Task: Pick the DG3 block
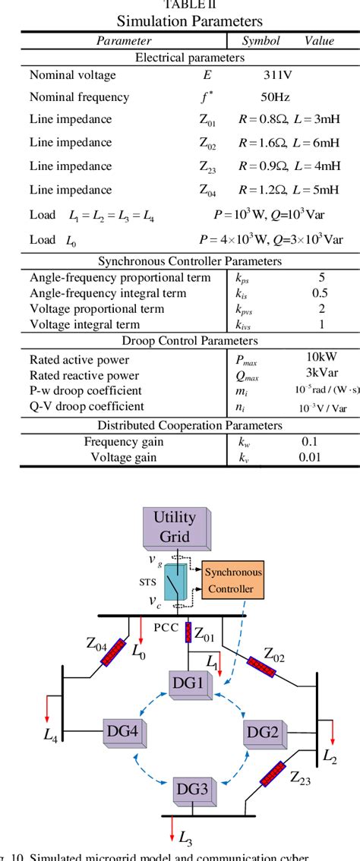(x=194, y=790)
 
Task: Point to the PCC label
(x=166, y=627)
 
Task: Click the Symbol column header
(x=261, y=41)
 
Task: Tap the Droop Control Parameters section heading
(x=179, y=341)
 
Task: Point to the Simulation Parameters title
(x=179, y=20)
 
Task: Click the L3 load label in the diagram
(x=185, y=837)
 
